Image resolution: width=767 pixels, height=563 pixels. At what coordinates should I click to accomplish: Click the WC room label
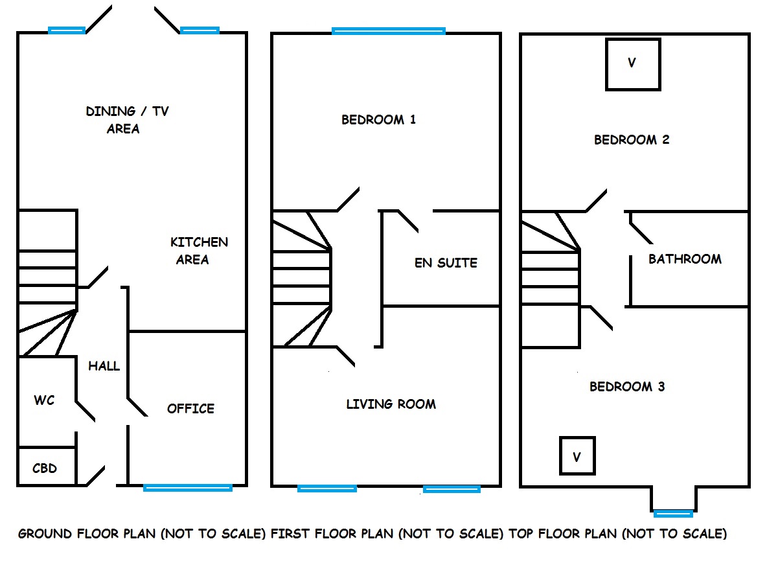tap(44, 400)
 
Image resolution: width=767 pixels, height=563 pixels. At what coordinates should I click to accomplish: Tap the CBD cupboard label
tap(45, 468)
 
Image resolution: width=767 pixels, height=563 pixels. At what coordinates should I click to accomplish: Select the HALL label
tap(104, 366)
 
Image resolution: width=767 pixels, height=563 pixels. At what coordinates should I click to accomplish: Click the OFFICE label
tap(190, 409)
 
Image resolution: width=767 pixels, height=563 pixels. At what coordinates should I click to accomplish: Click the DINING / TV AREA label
tap(126, 120)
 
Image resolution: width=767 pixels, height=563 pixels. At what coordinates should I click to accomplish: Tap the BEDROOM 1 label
tap(378, 120)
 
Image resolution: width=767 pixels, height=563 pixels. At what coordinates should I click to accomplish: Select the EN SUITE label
tap(446, 263)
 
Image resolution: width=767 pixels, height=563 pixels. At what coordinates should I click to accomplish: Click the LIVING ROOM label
tap(391, 404)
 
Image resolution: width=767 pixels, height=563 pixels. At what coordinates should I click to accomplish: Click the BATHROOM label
tap(685, 259)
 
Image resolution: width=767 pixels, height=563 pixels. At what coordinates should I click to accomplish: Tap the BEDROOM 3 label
tap(627, 387)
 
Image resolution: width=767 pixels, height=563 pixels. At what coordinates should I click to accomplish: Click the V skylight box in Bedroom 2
tap(633, 64)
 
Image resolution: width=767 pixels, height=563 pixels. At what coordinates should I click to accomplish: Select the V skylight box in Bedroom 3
tap(577, 456)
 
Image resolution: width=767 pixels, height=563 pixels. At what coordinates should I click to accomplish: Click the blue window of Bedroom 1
tap(388, 31)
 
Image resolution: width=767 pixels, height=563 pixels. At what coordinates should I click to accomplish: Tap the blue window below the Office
tap(188, 488)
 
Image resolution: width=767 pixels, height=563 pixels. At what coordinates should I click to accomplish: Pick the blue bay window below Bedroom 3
tap(673, 514)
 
